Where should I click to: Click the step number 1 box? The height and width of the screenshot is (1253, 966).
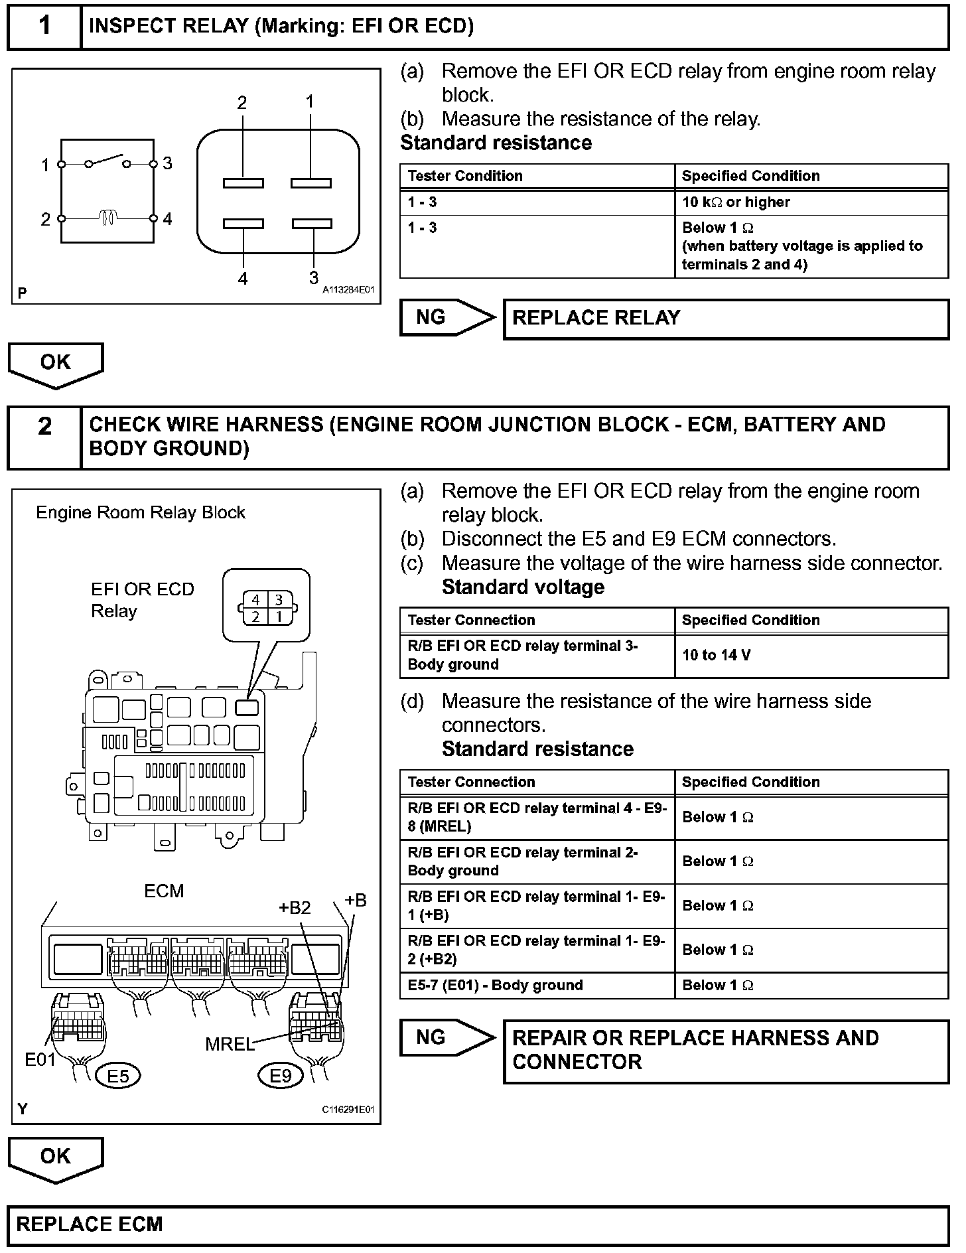click(x=44, y=27)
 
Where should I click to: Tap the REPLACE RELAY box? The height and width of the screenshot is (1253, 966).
click(x=726, y=319)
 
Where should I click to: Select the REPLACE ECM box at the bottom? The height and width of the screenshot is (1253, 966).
click(x=478, y=1224)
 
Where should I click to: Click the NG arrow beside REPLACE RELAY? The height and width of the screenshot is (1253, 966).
click(x=447, y=318)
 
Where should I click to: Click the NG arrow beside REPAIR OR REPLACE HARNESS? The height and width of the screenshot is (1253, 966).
click(x=447, y=1037)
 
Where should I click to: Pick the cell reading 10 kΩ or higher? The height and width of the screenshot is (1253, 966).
click(x=811, y=202)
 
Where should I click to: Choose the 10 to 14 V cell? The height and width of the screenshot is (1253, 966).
click(x=811, y=656)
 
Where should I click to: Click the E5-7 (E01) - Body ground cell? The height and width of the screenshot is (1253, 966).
click(x=537, y=986)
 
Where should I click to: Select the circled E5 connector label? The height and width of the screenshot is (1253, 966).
click(x=118, y=1076)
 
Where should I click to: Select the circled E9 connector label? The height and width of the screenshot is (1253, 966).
click(x=281, y=1076)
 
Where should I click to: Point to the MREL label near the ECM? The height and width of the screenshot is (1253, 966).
click(x=230, y=1044)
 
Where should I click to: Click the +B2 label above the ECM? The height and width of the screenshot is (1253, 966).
click(x=295, y=907)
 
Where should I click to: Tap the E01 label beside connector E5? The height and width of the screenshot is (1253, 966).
click(x=40, y=1060)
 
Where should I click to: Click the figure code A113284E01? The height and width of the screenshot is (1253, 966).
click(x=349, y=290)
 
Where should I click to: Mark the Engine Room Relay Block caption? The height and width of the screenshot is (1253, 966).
click(x=141, y=513)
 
